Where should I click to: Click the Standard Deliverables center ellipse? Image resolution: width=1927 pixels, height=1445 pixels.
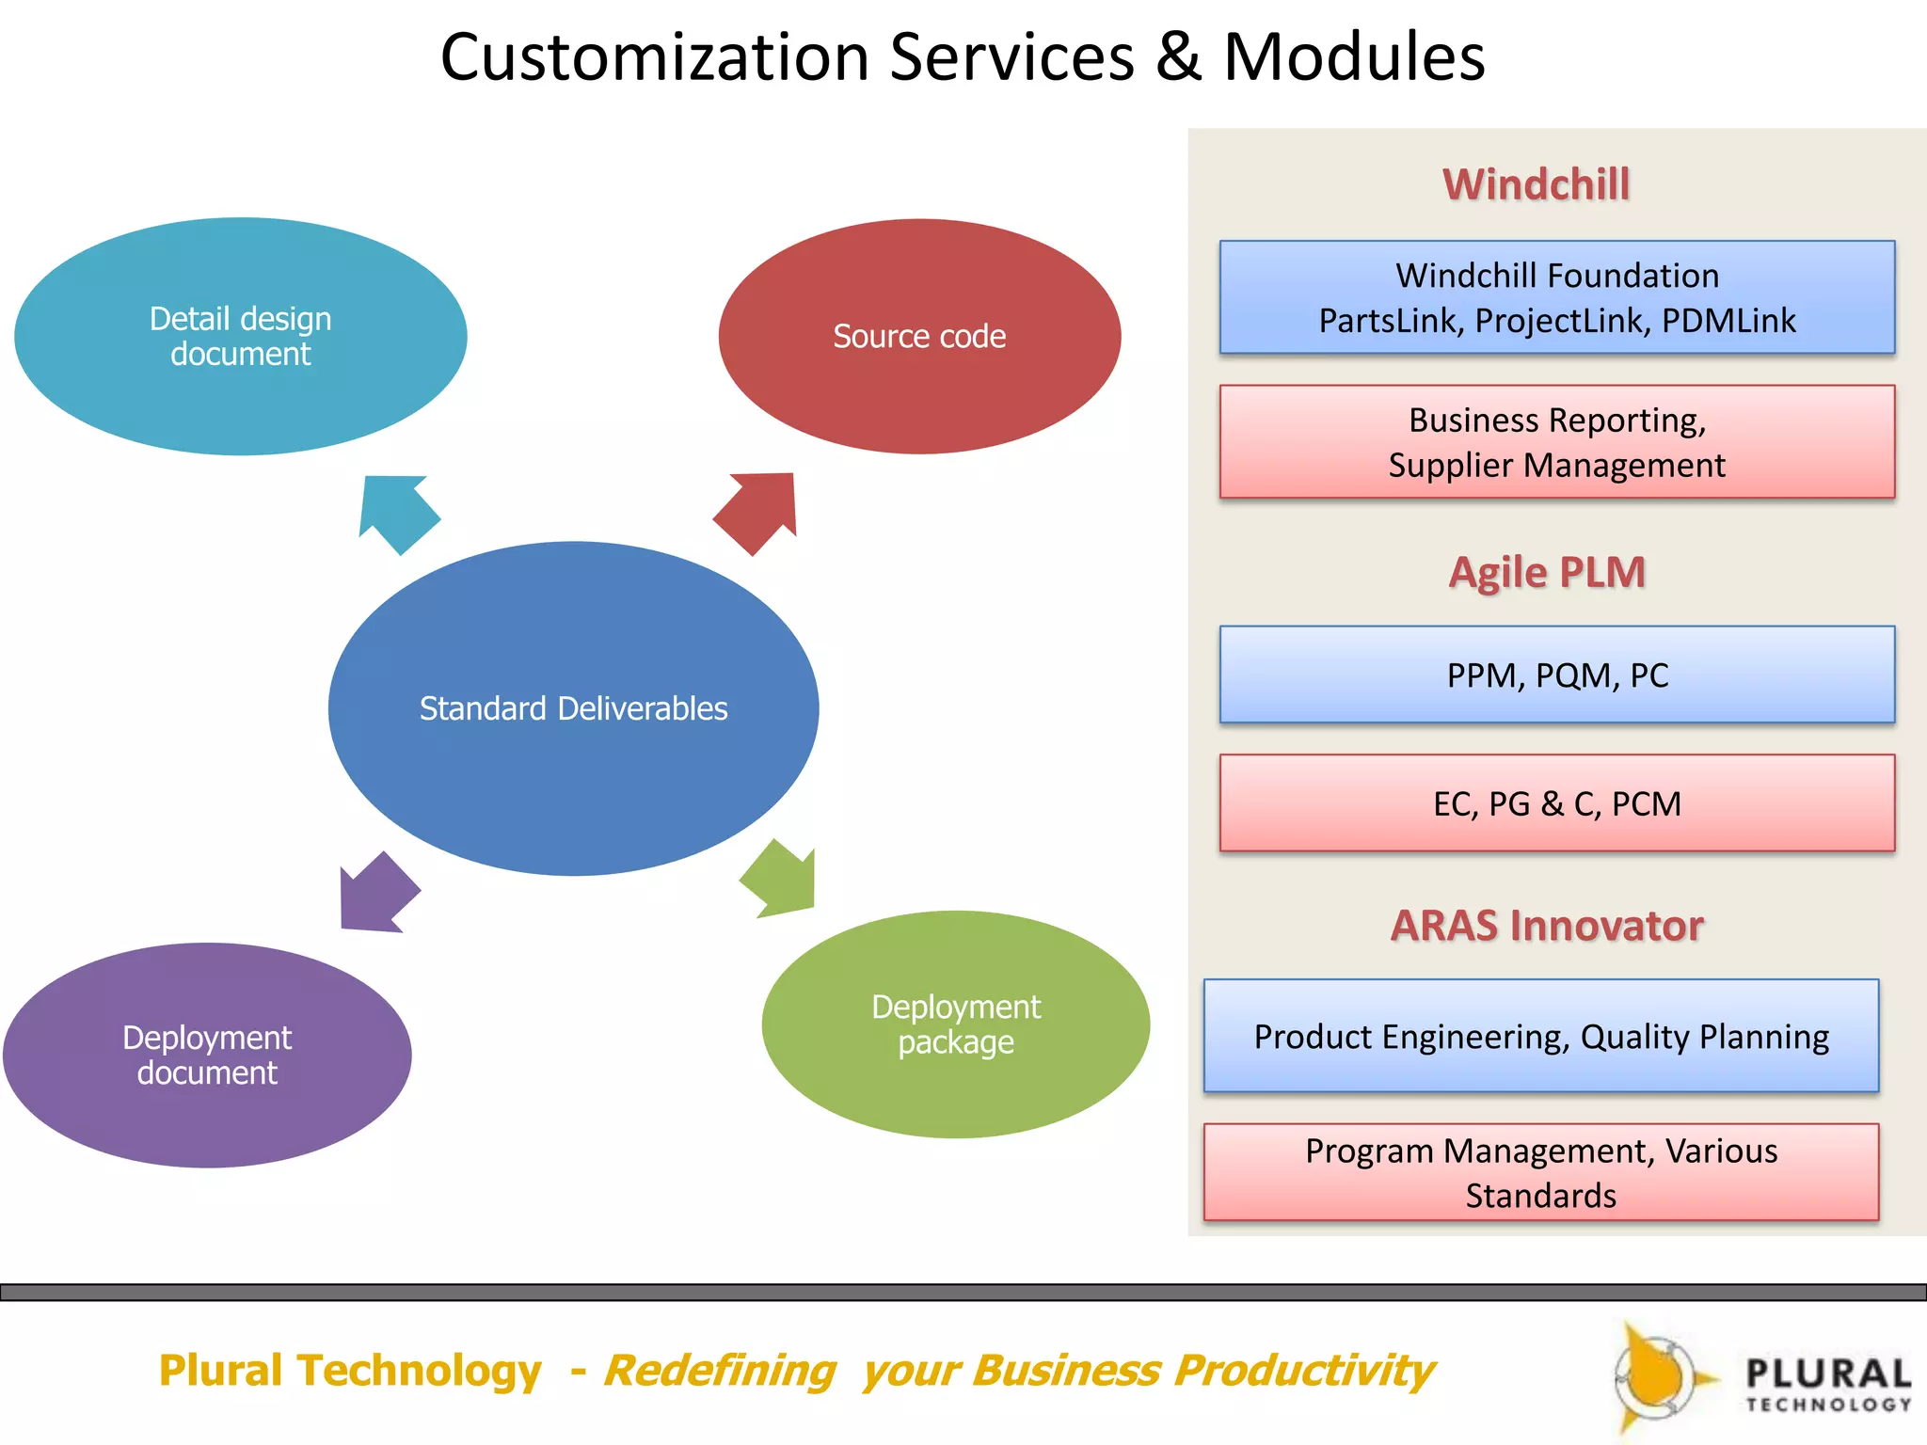pyautogui.click(x=573, y=707)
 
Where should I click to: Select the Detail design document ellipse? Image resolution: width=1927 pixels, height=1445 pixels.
pyautogui.click(x=241, y=336)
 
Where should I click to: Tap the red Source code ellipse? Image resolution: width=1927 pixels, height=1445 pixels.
pyautogui.click(x=919, y=336)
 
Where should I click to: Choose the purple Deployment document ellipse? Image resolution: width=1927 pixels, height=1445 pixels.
pyautogui.click(x=207, y=1055)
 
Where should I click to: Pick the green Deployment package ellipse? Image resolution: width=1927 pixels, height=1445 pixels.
pyautogui.click(x=955, y=1024)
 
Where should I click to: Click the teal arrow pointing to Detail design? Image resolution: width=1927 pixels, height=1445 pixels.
pyautogui.click(x=397, y=511)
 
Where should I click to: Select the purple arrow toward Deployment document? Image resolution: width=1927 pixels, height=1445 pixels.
pyautogui.click(x=375, y=895)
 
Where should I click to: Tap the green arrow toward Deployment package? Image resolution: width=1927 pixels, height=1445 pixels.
pyautogui.click(x=781, y=880)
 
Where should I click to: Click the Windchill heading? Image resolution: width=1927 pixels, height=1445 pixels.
pyautogui.click(x=1536, y=184)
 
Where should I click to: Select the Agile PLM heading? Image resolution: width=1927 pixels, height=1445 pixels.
pyautogui.click(x=1547, y=572)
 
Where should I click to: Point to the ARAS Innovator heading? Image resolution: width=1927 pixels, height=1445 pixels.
pyautogui.click(x=1547, y=926)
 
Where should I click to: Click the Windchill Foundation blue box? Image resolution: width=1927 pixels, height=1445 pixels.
pyautogui.click(x=1557, y=297)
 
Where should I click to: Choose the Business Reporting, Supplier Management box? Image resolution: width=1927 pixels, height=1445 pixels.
pyautogui.click(x=1557, y=441)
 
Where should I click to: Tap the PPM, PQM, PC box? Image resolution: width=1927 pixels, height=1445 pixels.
pyautogui.click(x=1557, y=675)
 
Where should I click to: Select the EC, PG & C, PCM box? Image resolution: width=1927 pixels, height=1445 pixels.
pyautogui.click(x=1557, y=802)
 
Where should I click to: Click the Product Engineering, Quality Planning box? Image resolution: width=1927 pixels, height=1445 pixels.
pyautogui.click(x=1541, y=1036)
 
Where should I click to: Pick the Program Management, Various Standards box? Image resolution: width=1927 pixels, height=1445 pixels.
pyautogui.click(x=1541, y=1172)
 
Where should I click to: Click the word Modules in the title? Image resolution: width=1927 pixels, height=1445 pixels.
pyautogui.click(x=1353, y=57)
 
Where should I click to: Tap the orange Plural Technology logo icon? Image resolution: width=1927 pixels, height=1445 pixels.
pyautogui.click(x=1656, y=1378)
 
